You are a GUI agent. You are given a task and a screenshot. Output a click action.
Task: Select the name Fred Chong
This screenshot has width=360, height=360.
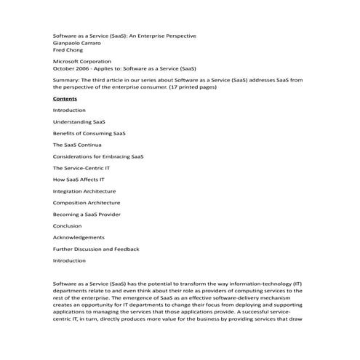tap(68, 50)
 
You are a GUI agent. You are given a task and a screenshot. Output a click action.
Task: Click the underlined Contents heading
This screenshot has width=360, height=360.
tap(65, 98)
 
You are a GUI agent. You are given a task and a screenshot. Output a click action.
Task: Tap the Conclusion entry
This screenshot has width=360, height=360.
tap(68, 226)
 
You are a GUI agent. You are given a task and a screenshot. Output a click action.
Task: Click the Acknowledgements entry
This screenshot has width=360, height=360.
tap(79, 237)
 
